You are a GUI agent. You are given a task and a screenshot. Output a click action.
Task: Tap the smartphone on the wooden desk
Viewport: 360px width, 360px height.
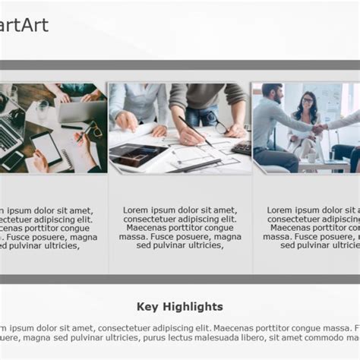(x=13, y=160)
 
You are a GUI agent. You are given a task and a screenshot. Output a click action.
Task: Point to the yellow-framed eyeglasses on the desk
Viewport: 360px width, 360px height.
(x=92, y=131)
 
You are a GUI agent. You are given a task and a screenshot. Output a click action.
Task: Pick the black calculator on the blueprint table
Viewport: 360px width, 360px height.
(x=242, y=148)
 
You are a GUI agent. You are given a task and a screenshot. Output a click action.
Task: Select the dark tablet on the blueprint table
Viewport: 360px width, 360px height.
(x=135, y=154)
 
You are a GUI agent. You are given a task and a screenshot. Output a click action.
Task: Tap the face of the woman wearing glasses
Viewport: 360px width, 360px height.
(x=307, y=102)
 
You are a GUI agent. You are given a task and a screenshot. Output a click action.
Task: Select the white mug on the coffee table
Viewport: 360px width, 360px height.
(x=311, y=157)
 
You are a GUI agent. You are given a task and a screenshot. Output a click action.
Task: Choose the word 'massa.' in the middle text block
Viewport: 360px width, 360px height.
(x=132, y=237)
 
